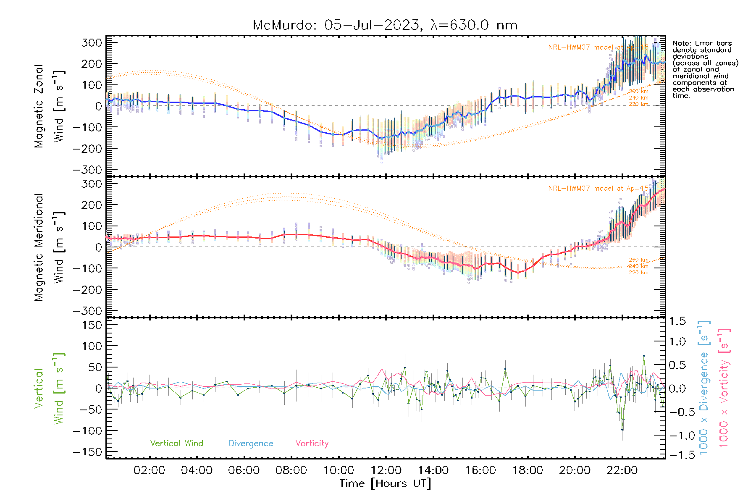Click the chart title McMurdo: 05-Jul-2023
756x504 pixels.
pyautogui.click(x=385, y=25)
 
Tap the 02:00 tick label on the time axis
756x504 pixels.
pyautogui.click(x=149, y=470)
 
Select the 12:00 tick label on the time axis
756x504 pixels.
pyautogui.click(x=386, y=470)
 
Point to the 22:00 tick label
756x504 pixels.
pyautogui.click(x=622, y=470)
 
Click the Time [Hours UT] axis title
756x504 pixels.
pyautogui.click(x=385, y=483)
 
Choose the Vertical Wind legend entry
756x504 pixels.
pyautogui.click(x=176, y=443)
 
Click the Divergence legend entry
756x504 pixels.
pyautogui.click(x=251, y=443)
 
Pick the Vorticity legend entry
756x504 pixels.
pyautogui.click(x=312, y=443)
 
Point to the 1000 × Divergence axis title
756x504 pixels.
pyautogui.click(x=704, y=388)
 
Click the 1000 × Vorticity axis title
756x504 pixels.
pyautogui.click(x=724, y=388)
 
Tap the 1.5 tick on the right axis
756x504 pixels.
pyautogui.click(x=677, y=321)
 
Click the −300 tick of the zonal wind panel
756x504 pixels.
pyautogui.click(x=87, y=170)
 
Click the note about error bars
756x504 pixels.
pyautogui.click(x=705, y=69)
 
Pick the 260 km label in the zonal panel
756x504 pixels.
pyautogui.click(x=638, y=91)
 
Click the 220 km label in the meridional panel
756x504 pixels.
pyautogui.click(x=638, y=273)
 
